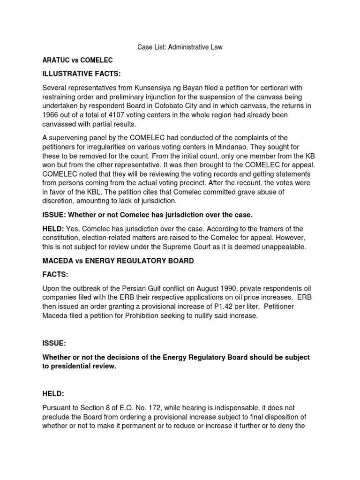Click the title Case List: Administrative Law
point(180,47)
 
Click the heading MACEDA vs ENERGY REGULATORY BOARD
point(118,261)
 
